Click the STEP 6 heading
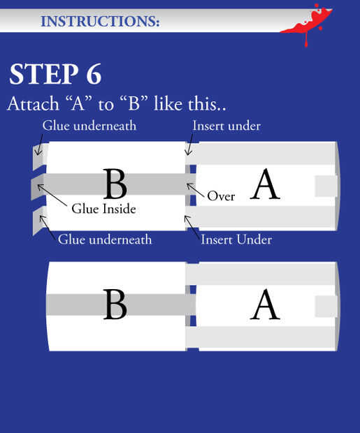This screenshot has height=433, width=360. tap(56, 74)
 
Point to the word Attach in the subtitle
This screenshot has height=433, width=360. tap(33, 104)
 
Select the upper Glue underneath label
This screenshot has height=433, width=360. tap(89, 126)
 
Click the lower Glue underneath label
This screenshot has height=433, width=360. tap(105, 240)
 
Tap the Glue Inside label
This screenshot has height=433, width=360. tap(103, 209)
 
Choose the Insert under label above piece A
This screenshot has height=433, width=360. tap(226, 126)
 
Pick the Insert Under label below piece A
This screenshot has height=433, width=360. tap(236, 240)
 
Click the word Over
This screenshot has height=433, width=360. tap(221, 196)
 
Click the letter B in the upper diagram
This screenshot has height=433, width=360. tap(115, 184)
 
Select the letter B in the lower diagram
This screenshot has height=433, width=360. tap(115, 304)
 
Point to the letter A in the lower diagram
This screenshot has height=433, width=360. tap(265, 304)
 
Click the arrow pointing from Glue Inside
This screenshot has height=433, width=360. tap(52, 195)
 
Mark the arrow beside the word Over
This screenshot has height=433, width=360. tap(196, 190)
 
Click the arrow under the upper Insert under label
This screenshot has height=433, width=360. tap(189, 145)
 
